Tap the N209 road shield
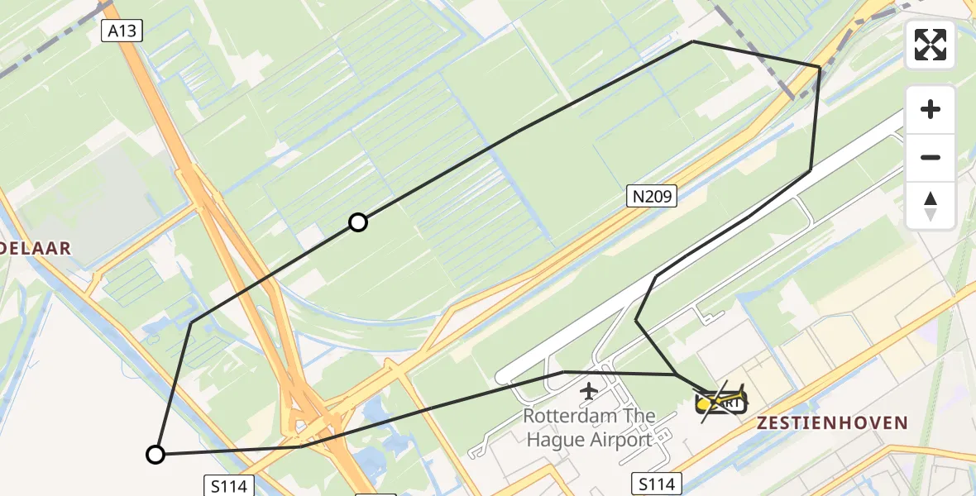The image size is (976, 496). (x=652, y=197)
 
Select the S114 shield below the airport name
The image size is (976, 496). (x=657, y=484)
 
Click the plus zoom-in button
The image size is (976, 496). (x=931, y=110)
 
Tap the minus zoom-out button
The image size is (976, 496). (x=931, y=157)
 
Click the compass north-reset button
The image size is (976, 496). (x=931, y=205)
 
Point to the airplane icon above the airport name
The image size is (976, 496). (x=589, y=390)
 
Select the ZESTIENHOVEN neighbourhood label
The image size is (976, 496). (x=832, y=423)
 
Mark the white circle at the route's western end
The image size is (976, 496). (x=155, y=454)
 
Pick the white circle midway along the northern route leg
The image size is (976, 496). (x=357, y=222)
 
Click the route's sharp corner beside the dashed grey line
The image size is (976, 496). (x=819, y=67)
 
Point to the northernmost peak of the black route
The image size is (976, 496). (x=693, y=41)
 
